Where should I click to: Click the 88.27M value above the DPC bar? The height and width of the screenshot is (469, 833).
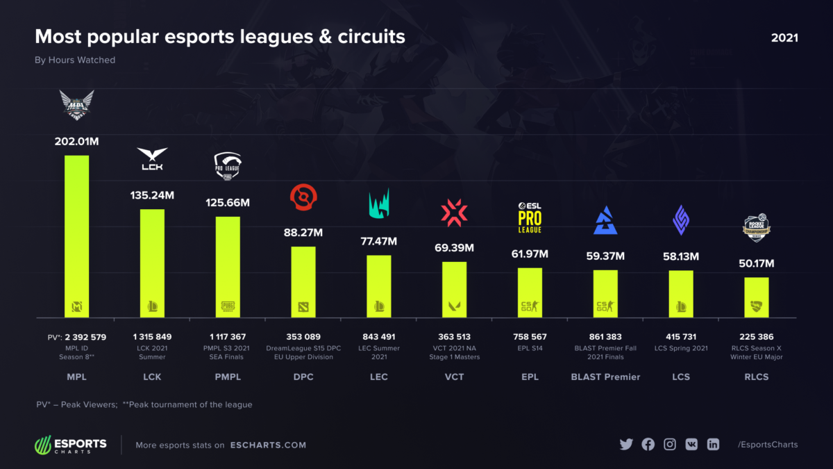point(303,233)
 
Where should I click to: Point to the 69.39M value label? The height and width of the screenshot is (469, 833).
point(455,248)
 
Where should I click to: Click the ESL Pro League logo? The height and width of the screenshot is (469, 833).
point(530,217)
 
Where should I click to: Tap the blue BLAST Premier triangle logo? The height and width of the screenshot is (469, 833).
point(605,220)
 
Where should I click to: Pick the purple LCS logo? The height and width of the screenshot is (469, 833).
point(680,220)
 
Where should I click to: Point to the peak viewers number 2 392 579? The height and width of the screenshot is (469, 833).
point(81,337)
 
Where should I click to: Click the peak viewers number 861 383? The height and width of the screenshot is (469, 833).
point(605,337)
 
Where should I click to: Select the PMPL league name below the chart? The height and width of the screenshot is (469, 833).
point(228,377)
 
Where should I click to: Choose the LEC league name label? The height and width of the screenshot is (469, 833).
point(378,377)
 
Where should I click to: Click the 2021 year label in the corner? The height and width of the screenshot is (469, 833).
point(784,38)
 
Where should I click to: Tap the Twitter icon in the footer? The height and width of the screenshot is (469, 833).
point(626,445)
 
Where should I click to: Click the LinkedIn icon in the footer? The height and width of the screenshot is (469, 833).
point(713,445)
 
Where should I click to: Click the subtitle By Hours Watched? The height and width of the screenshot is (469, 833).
point(75,60)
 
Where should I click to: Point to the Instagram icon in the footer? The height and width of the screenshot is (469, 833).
point(670,445)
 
